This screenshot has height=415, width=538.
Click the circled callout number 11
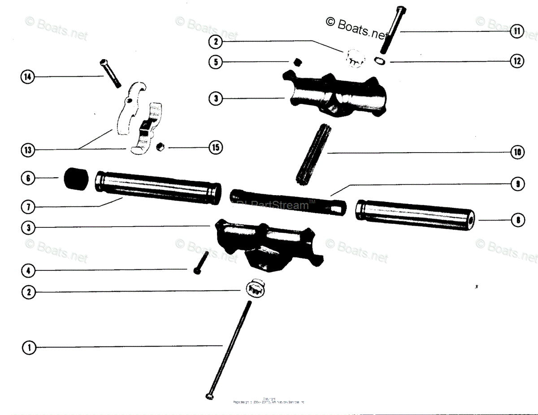click(x=517, y=31)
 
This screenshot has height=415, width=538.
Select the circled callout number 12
click(x=517, y=61)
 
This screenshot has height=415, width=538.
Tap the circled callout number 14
click(x=27, y=77)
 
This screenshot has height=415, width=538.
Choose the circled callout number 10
click(x=517, y=153)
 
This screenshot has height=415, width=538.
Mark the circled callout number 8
click(x=517, y=220)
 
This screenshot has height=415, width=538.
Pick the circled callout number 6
click(x=27, y=178)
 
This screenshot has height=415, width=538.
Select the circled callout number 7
click(x=27, y=207)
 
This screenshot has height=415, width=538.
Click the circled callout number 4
click(x=27, y=270)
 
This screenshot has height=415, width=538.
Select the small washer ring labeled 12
click(x=379, y=61)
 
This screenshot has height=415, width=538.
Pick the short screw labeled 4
click(x=200, y=262)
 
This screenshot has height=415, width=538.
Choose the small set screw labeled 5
click(x=295, y=61)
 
